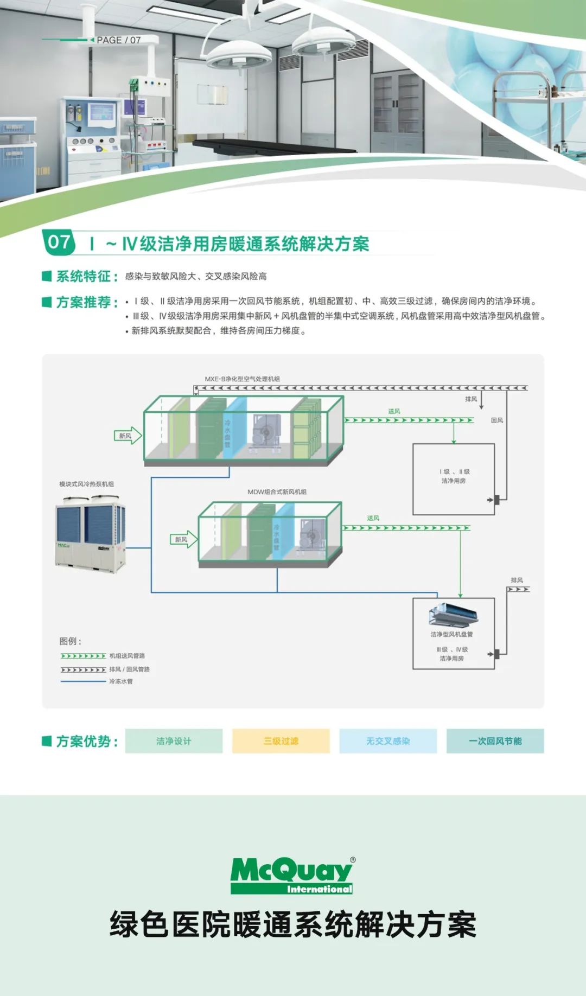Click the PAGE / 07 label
[118, 40]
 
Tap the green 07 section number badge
[59, 242]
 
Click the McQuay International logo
[292, 875]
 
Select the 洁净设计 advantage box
[174, 741]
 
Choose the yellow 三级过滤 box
[281, 741]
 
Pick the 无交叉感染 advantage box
[388, 741]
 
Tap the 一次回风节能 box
[495, 741]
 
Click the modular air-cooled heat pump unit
[91, 535]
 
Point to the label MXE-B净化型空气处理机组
[242, 379]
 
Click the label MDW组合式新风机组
[277, 491]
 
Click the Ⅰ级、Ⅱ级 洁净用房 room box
[454, 479]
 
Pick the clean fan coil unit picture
[454, 614]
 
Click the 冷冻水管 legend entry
[120, 681]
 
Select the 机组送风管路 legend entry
[127, 656]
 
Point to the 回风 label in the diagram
[496, 420]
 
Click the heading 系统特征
[86, 277]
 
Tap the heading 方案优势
[86, 741]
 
